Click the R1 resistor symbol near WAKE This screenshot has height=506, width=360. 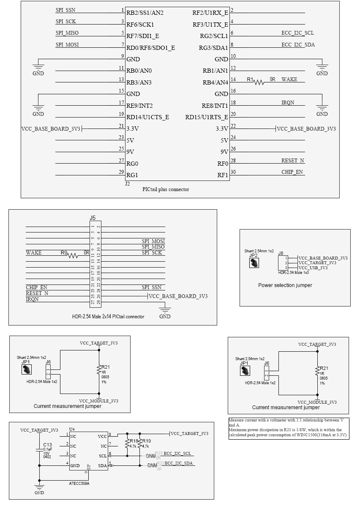pyautogui.click(x=259, y=82)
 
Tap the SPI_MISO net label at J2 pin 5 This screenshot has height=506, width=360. pyautogui.click(x=67, y=33)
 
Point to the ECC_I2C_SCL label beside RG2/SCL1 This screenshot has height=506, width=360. pyautogui.click(x=297, y=33)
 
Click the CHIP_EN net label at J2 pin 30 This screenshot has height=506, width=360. pyautogui.click(x=292, y=172)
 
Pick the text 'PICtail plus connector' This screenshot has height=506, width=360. pyautogui.click(x=166, y=189)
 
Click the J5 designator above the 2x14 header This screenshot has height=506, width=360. pyautogui.click(x=93, y=218)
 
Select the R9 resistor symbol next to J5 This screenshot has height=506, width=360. pyautogui.click(x=73, y=256)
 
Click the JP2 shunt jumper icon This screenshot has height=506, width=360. pyautogui.click(x=254, y=263)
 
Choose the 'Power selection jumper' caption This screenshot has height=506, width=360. pyautogui.click(x=285, y=285)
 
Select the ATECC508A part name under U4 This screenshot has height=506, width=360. pyautogui.click(x=79, y=483)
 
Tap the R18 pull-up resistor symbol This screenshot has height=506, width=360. pyautogui.click(x=127, y=443)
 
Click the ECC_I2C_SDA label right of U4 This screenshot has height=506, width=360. pyautogui.click(x=179, y=463)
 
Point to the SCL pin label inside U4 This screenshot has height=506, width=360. pyautogui.click(x=103, y=456)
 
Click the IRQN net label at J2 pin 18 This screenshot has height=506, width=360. pyautogui.click(x=288, y=103)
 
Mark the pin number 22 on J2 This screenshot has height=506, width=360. pyautogui.click(x=233, y=126)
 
